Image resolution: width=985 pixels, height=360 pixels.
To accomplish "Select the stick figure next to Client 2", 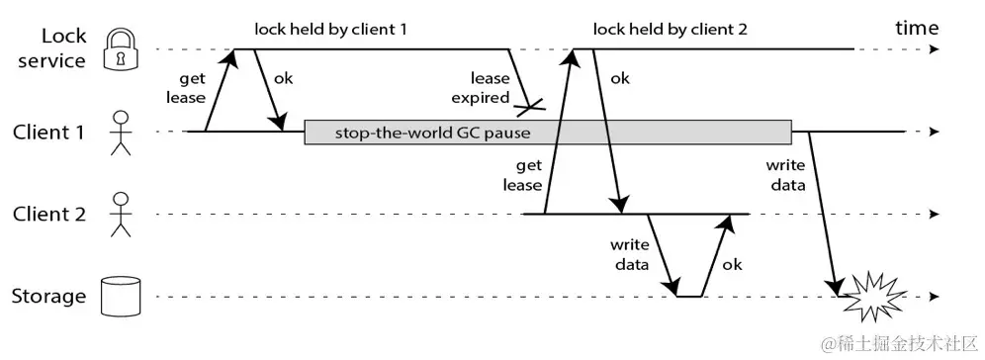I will (121, 214).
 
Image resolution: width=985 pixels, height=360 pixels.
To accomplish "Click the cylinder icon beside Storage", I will (121, 296).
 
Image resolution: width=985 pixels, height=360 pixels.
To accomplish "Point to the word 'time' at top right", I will (917, 28).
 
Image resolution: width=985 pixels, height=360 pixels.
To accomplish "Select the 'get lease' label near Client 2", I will (522, 175).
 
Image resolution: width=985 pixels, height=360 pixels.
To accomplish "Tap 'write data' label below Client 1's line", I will (786, 175).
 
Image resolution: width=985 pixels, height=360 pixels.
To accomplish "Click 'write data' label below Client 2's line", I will (629, 255).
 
